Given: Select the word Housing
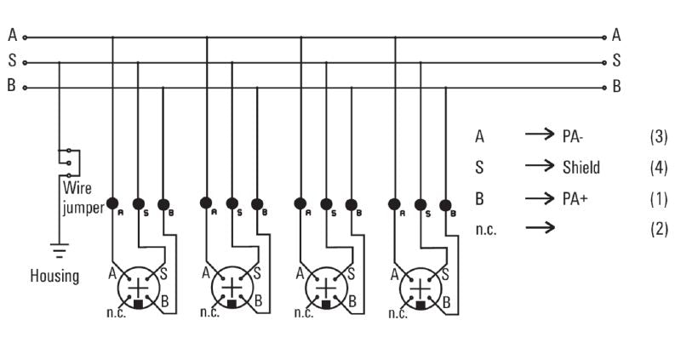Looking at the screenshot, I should [54, 277].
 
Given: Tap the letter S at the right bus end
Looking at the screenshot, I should [616, 61].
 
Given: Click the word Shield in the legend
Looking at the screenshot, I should [581, 168].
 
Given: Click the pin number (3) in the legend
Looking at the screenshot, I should [658, 137].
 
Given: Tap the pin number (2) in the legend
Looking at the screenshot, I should [658, 229].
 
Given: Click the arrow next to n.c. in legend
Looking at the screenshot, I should [539, 228].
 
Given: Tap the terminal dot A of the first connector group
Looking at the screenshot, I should [112, 203].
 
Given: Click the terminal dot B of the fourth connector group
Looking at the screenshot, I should [444, 204].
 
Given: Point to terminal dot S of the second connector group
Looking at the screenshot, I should [232, 204].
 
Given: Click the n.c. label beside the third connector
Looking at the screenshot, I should [303, 313].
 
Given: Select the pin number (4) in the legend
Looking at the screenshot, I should [658, 168].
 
